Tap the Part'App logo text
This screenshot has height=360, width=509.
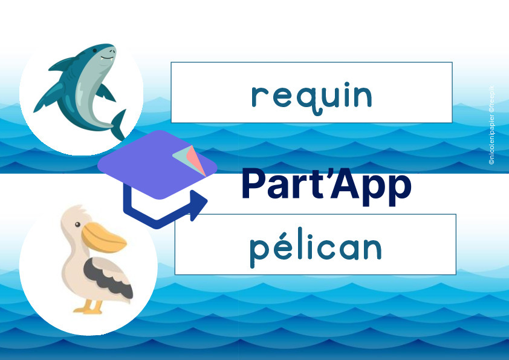(326, 186)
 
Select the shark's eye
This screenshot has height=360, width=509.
(94, 51)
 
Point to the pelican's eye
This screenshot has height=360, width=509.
(77, 224)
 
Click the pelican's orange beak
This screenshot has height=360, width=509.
(103, 238)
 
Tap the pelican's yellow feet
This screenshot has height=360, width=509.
(89, 307)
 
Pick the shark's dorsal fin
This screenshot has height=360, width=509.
(62, 64)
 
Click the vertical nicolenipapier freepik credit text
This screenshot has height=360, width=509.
(491, 125)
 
